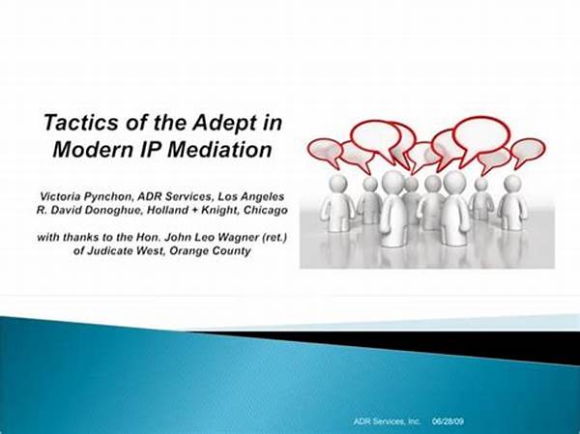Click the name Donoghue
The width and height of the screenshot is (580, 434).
[114, 210]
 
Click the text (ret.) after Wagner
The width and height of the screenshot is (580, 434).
[275, 237]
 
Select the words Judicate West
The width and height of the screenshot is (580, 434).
[127, 251]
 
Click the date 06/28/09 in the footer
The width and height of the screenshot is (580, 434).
[448, 421]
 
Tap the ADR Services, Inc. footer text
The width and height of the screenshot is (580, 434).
[387, 421]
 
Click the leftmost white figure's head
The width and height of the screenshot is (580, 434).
[337, 184]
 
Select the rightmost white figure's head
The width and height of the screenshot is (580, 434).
[512, 184]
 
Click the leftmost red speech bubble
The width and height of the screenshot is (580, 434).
[325, 151]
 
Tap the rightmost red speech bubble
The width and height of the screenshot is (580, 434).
[528, 151]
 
